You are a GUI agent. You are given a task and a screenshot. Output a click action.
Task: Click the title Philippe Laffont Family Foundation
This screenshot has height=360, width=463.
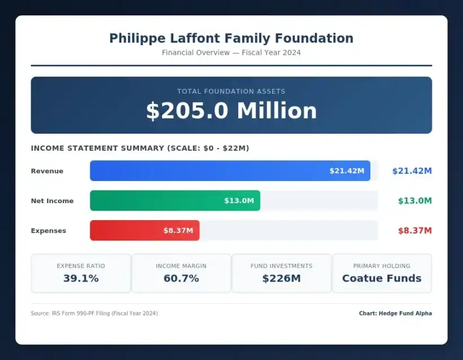[231, 38]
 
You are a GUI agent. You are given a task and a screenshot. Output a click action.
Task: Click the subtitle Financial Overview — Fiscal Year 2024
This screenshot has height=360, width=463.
[231, 53]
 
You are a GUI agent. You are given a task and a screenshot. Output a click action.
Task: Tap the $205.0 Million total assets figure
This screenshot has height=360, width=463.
[231, 111]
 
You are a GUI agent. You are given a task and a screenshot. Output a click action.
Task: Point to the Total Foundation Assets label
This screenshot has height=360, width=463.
[231, 91]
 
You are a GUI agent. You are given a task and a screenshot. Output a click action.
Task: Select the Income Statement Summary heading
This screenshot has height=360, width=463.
[140, 148]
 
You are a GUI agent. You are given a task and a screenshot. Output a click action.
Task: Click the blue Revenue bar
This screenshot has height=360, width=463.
[230, 171]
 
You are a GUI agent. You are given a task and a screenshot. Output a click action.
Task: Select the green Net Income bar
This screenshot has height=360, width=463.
[175, 201]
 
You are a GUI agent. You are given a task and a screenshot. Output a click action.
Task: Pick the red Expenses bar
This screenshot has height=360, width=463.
[145, 231]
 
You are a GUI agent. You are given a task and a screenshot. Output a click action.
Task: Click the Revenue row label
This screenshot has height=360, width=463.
[47, 171]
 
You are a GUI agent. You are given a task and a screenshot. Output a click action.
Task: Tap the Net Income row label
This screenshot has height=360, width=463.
[52, 201]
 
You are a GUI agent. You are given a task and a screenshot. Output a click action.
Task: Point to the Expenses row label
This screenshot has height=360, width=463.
[49, 231]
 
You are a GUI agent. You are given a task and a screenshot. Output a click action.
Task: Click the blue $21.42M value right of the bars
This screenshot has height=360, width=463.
[412, 171]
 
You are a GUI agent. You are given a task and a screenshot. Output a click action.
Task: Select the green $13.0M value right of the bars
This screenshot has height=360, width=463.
[414, 201]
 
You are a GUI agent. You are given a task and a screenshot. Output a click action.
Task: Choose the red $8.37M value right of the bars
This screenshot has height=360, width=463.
[414, 231]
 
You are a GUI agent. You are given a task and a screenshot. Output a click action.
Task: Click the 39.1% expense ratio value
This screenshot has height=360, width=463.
[81, 278]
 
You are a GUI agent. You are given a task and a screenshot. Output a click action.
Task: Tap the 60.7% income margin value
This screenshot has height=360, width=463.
[181, 278]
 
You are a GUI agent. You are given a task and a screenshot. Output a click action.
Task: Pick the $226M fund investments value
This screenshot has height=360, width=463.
[281, 278]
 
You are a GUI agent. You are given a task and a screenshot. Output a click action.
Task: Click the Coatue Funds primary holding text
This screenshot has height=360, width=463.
[382, 278]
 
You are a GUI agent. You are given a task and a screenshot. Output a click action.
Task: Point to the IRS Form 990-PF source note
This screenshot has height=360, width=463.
[94, 313]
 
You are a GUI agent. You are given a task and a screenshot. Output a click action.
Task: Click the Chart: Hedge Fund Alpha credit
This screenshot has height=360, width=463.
[395, 313]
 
